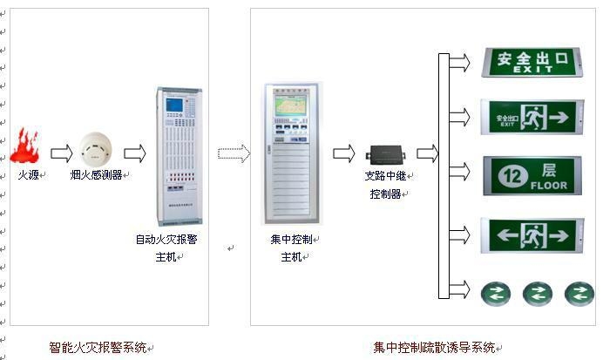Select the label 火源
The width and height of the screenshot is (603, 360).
pos(28,174)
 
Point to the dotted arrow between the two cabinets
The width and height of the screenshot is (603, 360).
pos(234,153)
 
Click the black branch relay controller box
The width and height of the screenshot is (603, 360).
pos(383,154)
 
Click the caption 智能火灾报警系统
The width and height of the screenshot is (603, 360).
pos(98,348)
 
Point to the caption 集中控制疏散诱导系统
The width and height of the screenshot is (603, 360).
pos(435,348)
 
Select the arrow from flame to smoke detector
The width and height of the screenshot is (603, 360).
pos(60,154)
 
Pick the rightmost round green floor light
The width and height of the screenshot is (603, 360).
pos(579,293)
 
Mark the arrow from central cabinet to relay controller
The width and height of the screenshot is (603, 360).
pos(343,153)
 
